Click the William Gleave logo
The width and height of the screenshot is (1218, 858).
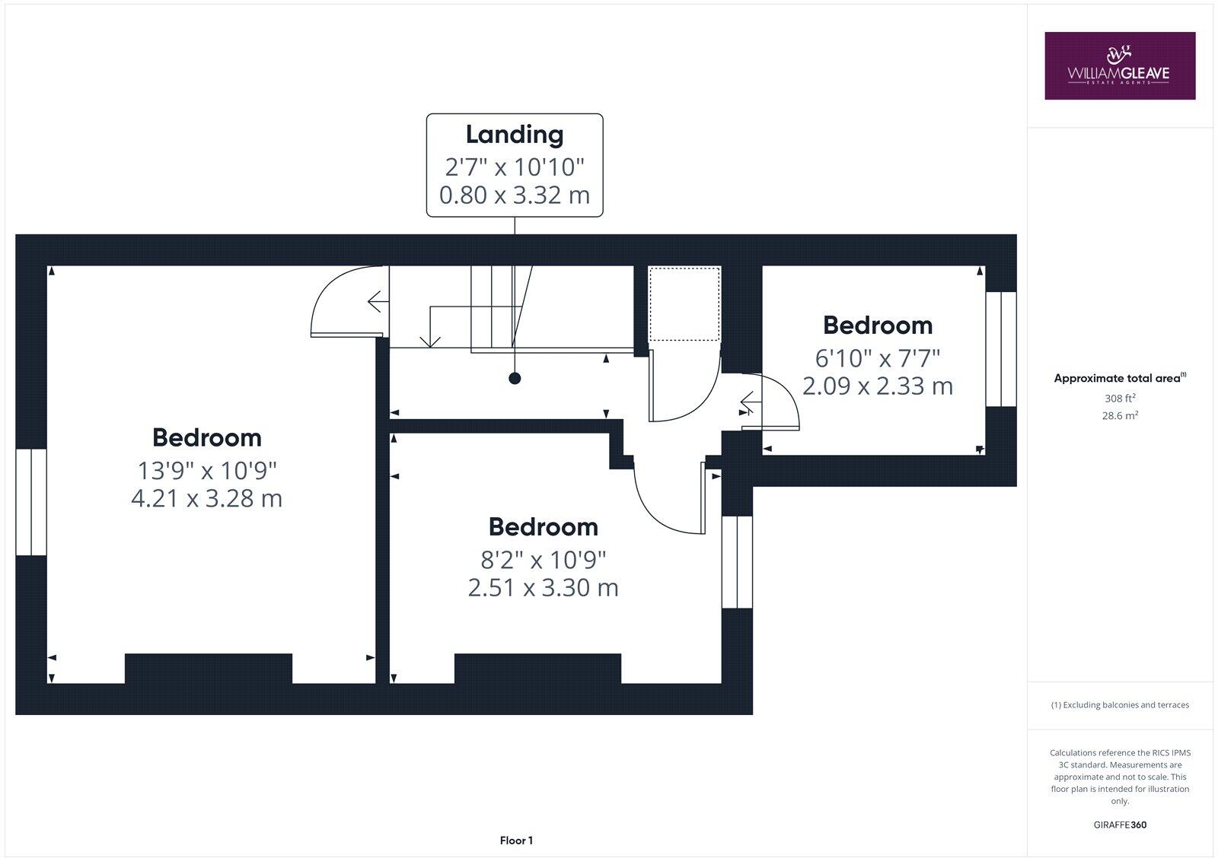click(x=1119, y=65)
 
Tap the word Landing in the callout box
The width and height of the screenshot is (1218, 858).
click(x=515, y=135)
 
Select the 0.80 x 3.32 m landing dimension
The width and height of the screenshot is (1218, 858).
click(x=515, y=195)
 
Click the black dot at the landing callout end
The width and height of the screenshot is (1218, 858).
click(x=515, y=378)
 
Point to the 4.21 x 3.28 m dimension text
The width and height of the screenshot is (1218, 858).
click(x=206, y=499)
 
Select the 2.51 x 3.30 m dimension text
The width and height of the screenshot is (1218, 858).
click(x=543, y=588)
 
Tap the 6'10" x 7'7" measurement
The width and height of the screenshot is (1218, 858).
click(x=878, y=357)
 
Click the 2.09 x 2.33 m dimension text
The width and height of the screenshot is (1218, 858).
click(x=878, y=386)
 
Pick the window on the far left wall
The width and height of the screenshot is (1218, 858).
click(x=31, y=502)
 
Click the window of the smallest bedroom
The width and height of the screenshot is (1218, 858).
click(x=1001, y=349)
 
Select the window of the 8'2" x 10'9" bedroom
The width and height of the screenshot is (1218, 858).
click(x=737, y=562)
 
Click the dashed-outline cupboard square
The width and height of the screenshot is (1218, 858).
click(x=684, y=303)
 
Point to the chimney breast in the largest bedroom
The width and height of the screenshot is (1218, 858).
click(x=209, y=668)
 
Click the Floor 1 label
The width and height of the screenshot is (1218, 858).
click(x=516, y=841)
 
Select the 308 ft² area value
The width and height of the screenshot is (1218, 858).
click(x=1120, y=398)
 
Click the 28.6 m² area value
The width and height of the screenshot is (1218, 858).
click(x=1120, y=415)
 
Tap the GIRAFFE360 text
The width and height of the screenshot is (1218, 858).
click(x=1120, y=825)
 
